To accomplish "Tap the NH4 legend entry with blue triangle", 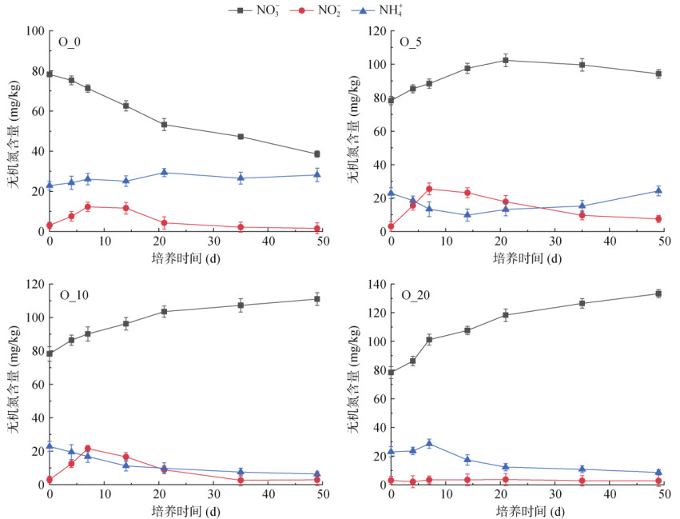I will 393,10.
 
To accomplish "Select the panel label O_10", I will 73,294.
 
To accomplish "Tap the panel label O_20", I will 414,295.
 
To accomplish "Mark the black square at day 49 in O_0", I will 317,154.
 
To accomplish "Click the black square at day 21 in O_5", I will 505,60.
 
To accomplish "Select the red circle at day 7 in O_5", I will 429,189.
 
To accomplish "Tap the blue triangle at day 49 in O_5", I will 658,190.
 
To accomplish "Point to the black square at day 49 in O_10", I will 317,299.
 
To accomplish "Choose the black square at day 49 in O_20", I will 658,293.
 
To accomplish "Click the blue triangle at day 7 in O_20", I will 429,443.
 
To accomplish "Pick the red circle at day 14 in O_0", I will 125,208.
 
